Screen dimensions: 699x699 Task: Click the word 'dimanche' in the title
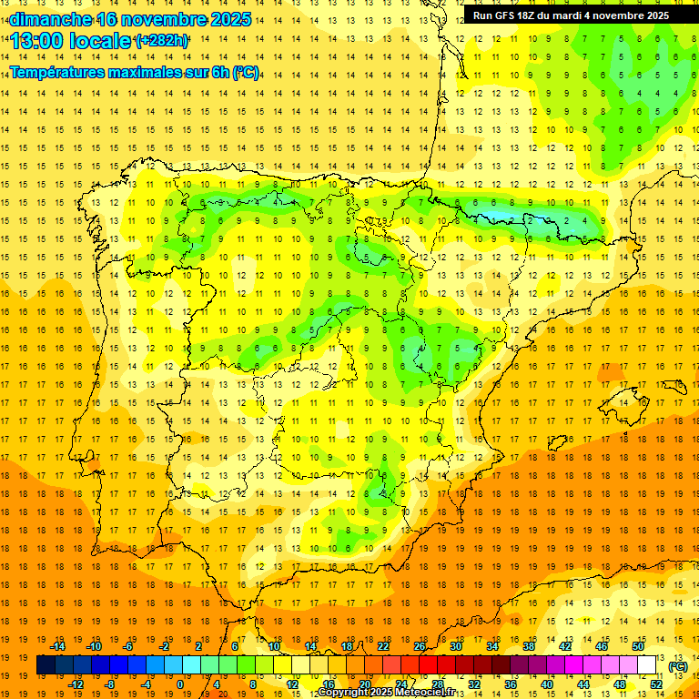(x=50, y=18)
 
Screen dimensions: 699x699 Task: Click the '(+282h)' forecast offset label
(x=161, y=40)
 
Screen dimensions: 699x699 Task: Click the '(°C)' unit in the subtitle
(x=245, y=72)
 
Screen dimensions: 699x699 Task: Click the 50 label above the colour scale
(x=637, y=646)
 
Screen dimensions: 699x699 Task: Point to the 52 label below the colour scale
(x=655, y=684)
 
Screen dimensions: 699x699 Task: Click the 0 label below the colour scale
(x=181, y=684)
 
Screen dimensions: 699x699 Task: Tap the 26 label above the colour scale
(x=420, y=646)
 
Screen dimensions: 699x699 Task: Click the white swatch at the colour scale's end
(x=646, y=665)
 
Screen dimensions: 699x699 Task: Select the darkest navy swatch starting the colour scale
(x=46, y=665)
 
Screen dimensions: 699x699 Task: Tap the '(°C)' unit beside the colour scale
(x=677, y=665)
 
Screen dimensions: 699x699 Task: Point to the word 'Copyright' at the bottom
(x=344, y=693)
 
